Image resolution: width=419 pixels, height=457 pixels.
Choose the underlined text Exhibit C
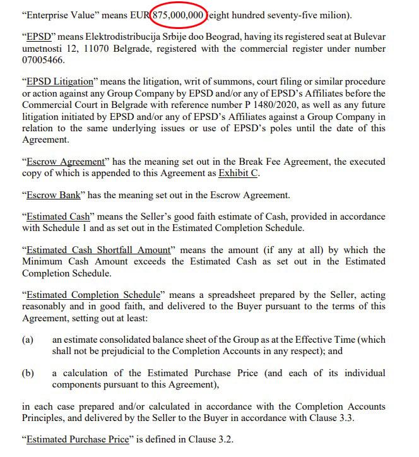(239, 173)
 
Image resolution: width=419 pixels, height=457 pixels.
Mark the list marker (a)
(28, 340)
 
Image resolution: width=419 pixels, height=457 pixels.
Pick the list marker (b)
(28, 373)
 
